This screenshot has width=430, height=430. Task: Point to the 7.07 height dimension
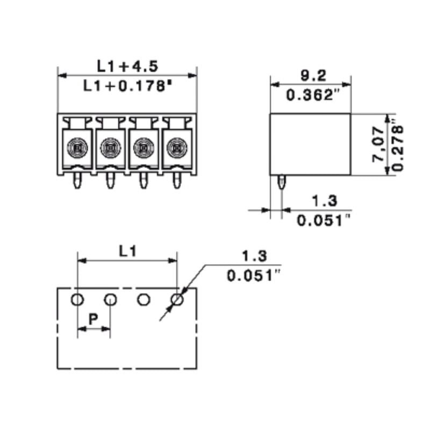click(x=379, y=144)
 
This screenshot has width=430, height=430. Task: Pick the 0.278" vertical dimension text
click(x=398, y=145)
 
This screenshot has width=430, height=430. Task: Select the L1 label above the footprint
click(x=128, y=250)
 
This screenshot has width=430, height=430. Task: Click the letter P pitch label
click(x=93, y=319)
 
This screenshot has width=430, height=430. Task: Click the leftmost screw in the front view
click(x=77, y=146)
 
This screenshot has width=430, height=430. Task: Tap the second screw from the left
click(x=110, y=146)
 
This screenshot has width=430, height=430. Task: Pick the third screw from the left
click(x=143, y=146)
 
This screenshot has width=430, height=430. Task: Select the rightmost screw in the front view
click(x=176, y=146)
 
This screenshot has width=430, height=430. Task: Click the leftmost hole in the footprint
click(x=77, y=299)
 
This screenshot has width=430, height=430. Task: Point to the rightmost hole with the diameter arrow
click(x=177, y=299)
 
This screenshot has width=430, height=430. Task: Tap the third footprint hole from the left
click(x=144, y=299)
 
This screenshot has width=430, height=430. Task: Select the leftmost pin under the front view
click(x=77, y=181)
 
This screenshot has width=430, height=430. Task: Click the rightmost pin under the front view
click(x=176, y=181)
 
